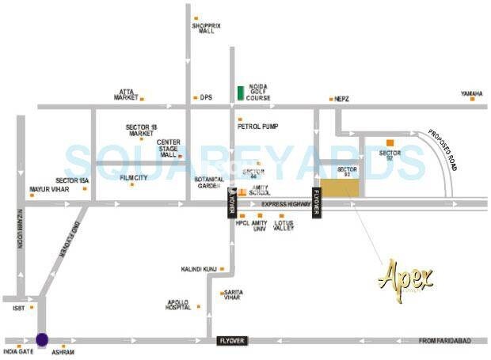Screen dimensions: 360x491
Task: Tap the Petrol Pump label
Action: [257, 126]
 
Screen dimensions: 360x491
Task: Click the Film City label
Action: [133, 178]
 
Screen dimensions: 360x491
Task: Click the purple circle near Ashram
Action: [42, 339]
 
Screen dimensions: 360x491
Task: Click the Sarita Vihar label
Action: [234, 294]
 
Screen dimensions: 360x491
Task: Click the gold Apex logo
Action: [406, 275]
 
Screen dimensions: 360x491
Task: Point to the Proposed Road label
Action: [443, 149]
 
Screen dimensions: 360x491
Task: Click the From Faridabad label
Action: [444, 339]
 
